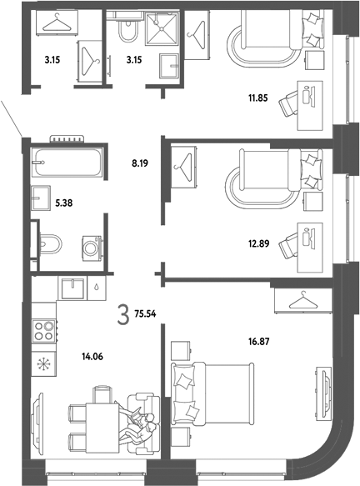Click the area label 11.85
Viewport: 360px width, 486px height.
(257, 98)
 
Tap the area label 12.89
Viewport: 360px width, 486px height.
(258, 243)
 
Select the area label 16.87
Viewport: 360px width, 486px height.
(258, 342)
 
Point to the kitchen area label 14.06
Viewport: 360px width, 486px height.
(92, 357)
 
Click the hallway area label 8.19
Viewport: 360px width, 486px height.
(140, 163)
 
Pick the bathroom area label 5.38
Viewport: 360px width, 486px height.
(63, 203)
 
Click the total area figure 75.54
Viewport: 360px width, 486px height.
(145, 314)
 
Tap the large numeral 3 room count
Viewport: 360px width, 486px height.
(123, 314)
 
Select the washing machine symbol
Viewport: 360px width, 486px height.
(92, 248)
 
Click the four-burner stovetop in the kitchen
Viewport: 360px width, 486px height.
(44, 331)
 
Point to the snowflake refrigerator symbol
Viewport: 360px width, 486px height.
(43, 364)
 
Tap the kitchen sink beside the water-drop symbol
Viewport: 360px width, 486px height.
(72, 289)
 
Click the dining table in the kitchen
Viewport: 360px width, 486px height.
(102, 428)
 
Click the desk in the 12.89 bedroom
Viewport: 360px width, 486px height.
(310, 248)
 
